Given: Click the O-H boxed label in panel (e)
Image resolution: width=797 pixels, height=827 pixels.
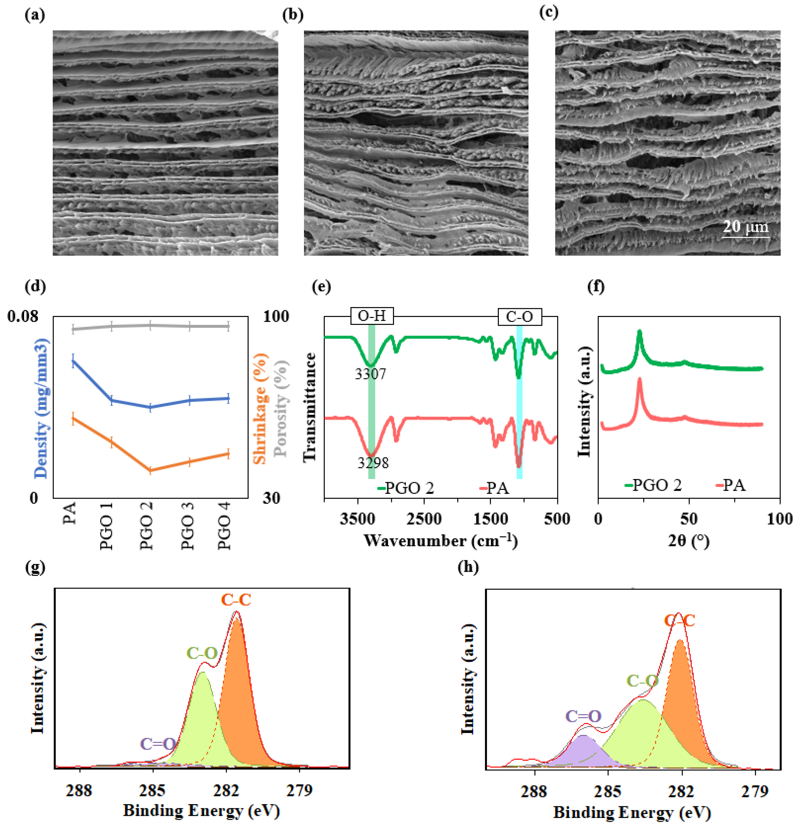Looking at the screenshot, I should click(x=372, y=315).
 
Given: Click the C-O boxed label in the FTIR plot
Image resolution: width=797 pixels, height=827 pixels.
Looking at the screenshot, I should click(x=519, y=316).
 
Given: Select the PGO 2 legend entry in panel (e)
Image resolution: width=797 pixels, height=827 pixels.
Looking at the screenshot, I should click(x=405, y=488).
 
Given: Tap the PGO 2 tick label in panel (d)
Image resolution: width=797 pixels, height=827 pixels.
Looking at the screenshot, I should click(x=147, y=526).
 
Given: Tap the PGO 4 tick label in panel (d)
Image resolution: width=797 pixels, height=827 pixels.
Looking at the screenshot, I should click(x=225, y=526).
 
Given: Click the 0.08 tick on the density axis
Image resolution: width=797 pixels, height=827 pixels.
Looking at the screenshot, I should click(x=23, y=316).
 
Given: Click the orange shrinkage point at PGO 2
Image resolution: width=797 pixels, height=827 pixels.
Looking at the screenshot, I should click(x=150, y=470).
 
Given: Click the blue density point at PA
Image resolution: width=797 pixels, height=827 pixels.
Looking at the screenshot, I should click(x=73, y=360).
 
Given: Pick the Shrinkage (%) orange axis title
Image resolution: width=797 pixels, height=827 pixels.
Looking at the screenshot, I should click(x=260, y=408).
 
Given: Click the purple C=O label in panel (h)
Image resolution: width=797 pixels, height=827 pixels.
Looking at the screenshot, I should click(x=583, y=716).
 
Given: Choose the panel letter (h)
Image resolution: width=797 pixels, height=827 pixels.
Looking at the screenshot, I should click(x=468, y=567).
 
